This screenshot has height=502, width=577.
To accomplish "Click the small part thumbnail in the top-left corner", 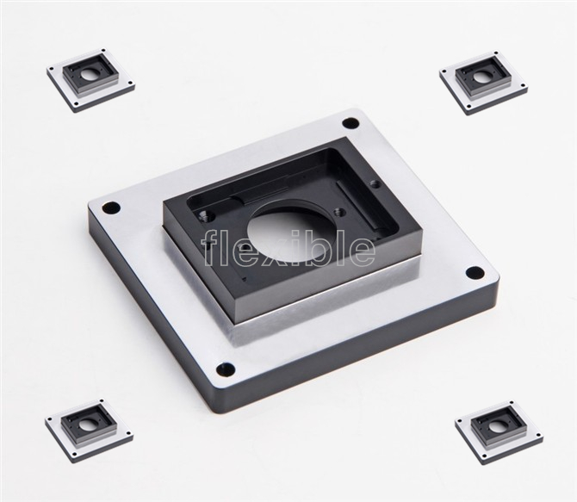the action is tap(91, 80).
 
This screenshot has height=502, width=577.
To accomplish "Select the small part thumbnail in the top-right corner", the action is tap(484, 83).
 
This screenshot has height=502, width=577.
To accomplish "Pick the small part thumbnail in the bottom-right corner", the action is tap(499, 429).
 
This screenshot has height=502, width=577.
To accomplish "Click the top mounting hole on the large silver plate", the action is tap(351, 122).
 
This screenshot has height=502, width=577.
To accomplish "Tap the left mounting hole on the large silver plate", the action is tap(111, 208).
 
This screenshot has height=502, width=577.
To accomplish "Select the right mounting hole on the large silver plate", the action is tap(475, 273).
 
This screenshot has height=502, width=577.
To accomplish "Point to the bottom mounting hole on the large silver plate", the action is tap(226, 369).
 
